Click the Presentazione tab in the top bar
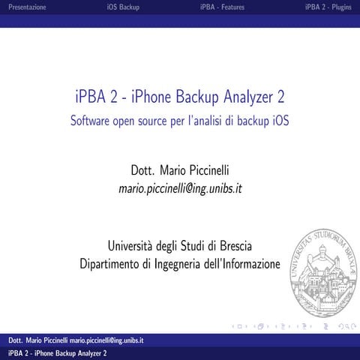26,7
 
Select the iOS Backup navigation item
124,7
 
